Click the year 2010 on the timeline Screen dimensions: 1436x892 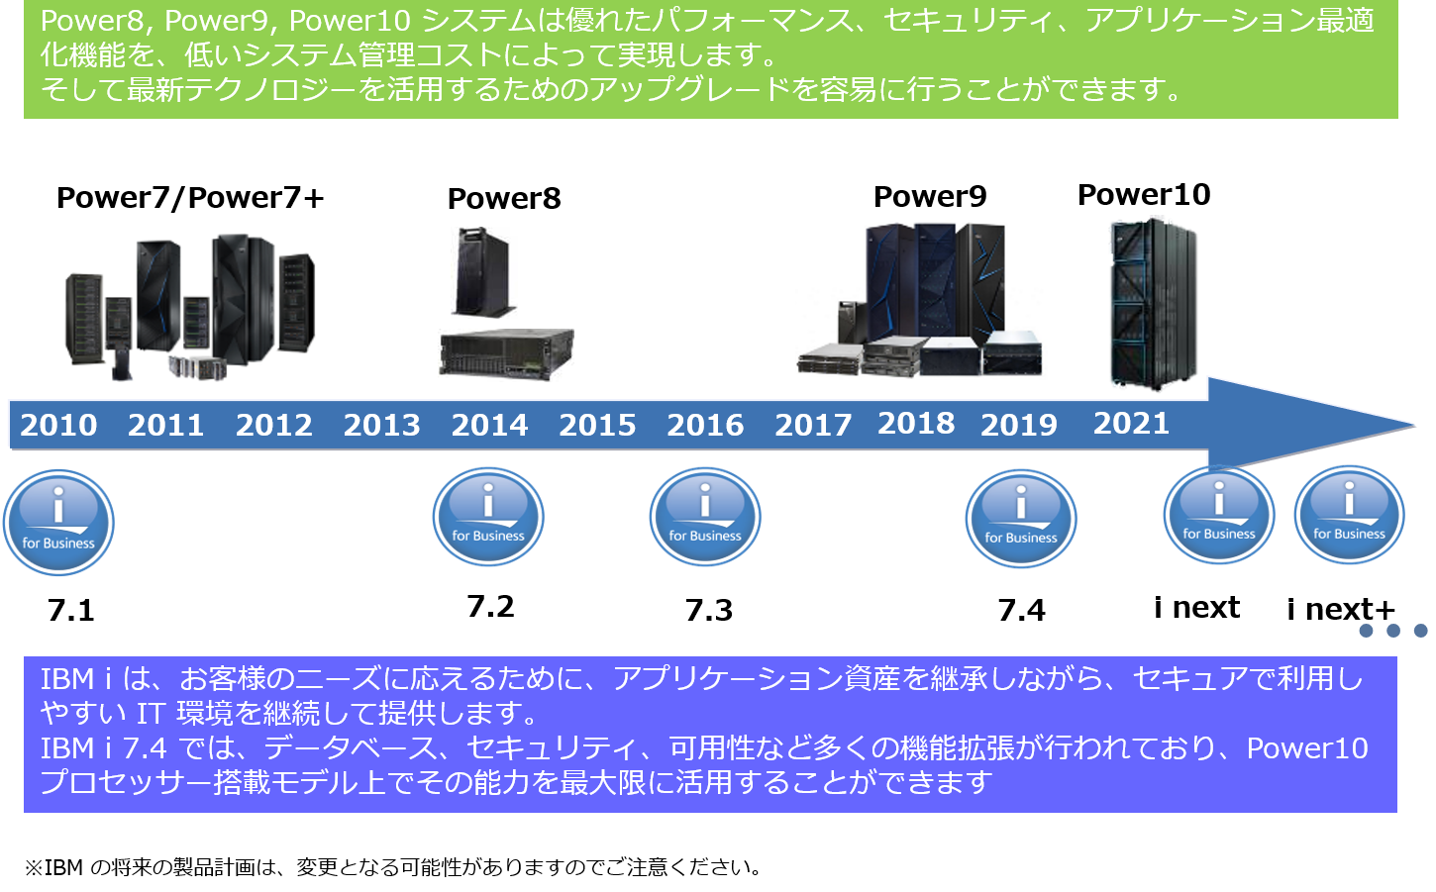(58, 426)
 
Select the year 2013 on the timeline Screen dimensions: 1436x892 (381, 426)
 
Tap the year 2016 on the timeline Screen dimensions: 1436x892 (705, 426)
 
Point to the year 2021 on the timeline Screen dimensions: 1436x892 (1131, 424)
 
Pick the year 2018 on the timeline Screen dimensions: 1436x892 (916, 424)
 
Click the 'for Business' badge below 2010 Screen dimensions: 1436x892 (58, 522)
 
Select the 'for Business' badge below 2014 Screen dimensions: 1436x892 (488, 517)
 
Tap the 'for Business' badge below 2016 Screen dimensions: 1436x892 (705, 517)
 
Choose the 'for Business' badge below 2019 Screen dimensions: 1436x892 (1021, 519)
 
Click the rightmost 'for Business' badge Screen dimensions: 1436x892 (1349, 515)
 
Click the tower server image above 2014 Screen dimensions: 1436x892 (484, 272)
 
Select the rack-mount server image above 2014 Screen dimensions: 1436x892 (506, 355)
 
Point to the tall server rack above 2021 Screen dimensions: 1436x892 (1153, 302)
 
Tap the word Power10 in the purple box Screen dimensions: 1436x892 (1307, 748)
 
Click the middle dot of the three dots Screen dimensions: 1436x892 (1393, 631)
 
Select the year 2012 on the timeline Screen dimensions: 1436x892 (274, 426)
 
